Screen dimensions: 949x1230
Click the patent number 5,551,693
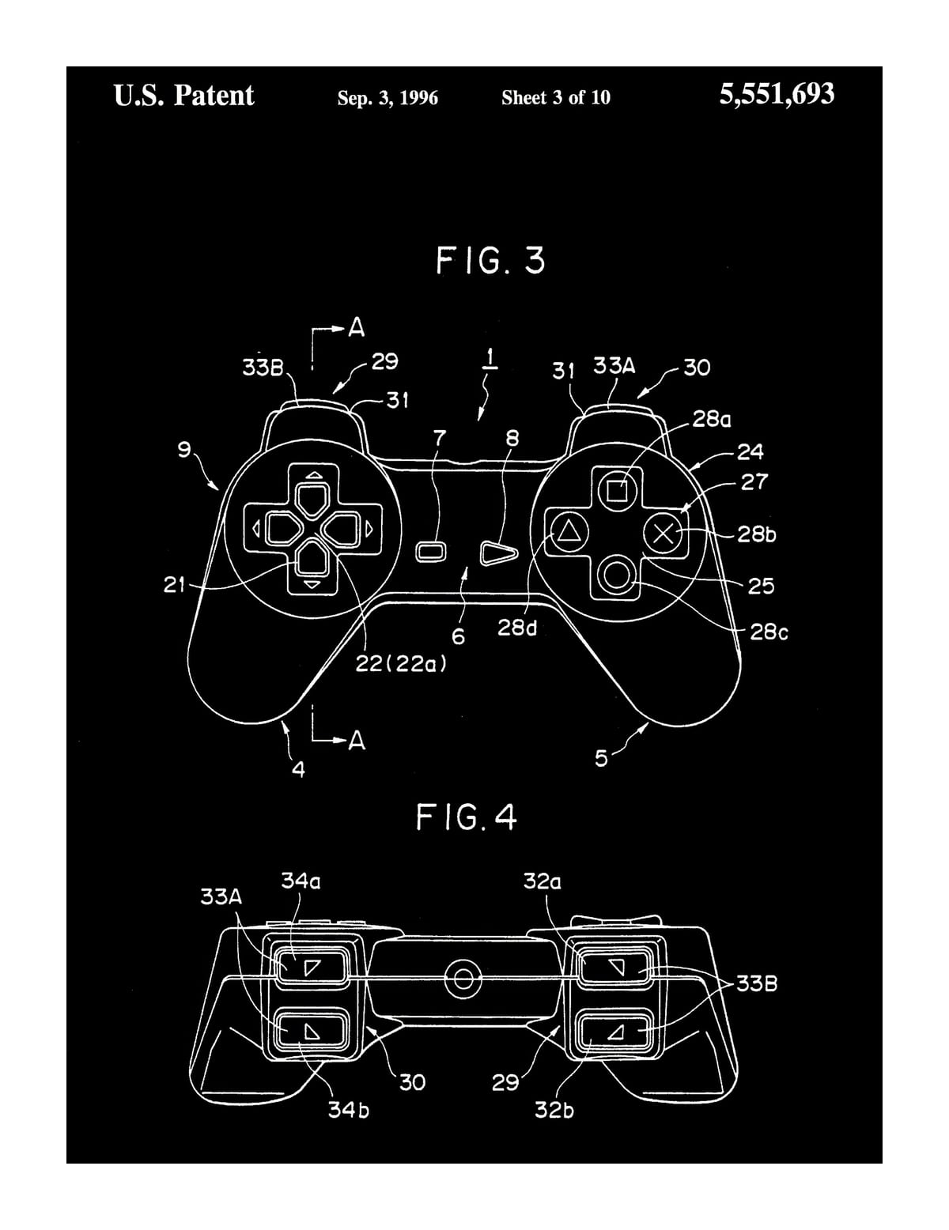(777, 95)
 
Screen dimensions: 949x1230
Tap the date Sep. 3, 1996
(388, 98)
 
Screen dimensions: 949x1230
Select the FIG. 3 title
(490, 260)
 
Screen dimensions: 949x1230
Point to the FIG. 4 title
(466, 818)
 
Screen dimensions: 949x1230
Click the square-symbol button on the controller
(616, 490)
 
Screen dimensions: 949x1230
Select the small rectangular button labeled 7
(430, 552)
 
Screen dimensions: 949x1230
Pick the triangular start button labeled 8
(499, 553)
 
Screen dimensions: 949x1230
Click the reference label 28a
(712, 420)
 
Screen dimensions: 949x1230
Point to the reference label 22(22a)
(401, 663)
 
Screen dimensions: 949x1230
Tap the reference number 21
(175, 585)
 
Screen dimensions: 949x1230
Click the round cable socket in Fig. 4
(463, 978)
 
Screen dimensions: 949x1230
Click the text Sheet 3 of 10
(555, 98)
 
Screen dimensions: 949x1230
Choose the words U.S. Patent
(184, 95)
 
